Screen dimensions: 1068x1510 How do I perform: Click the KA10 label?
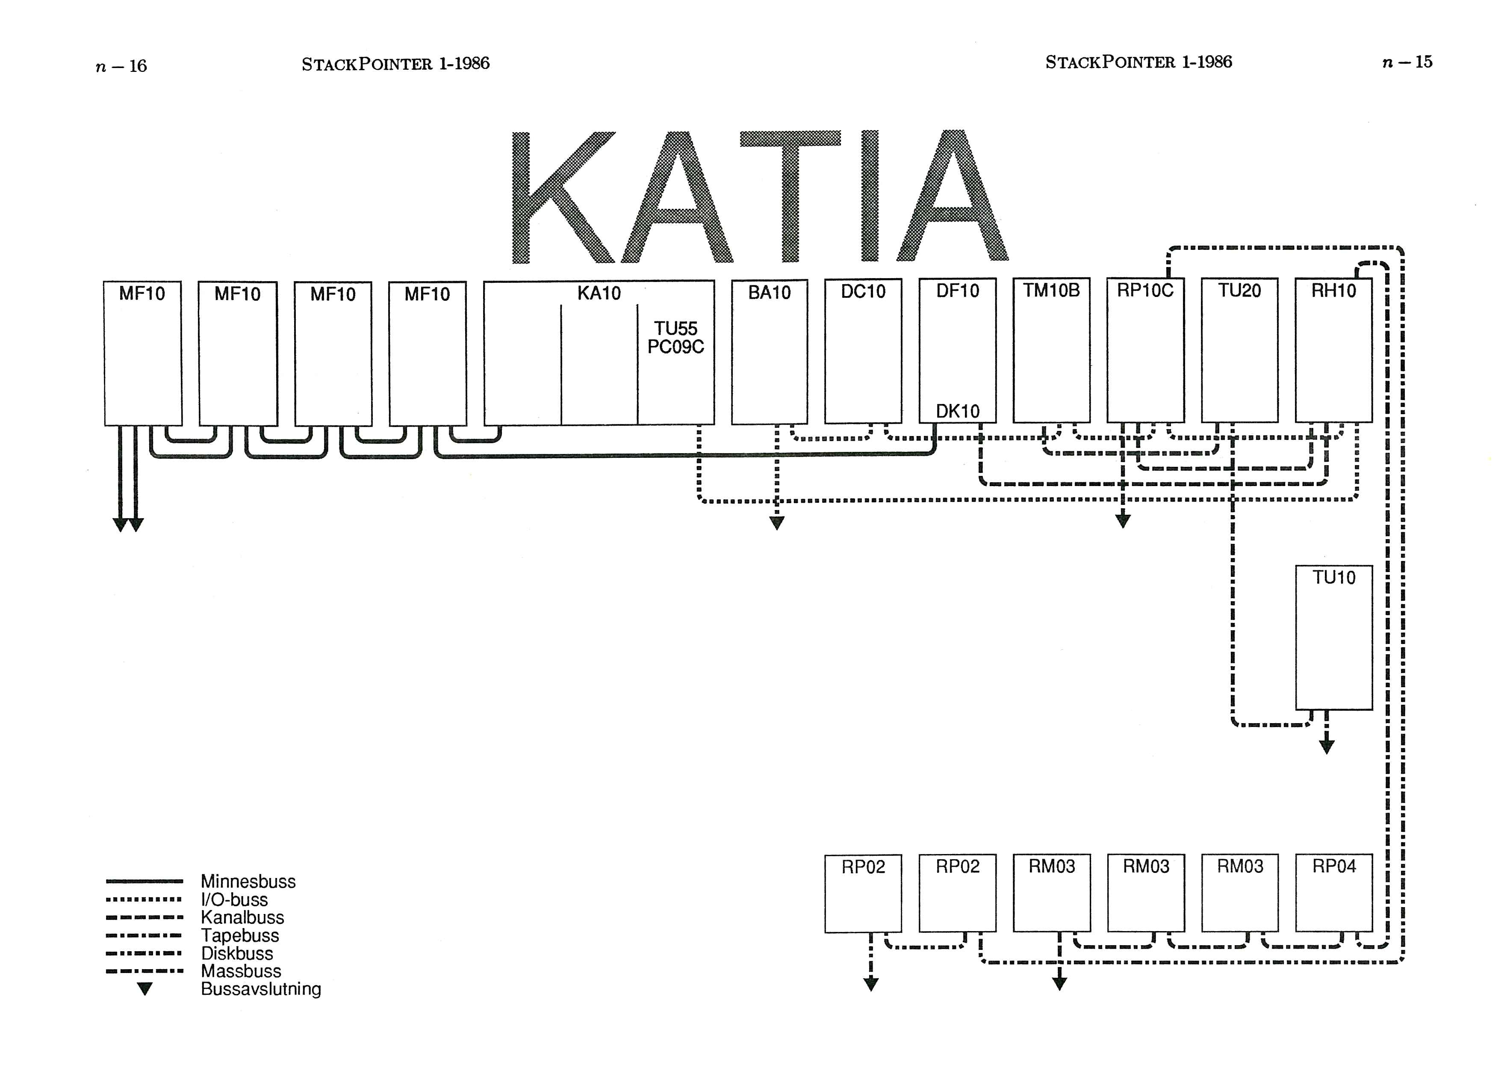pyautogui.click(x=599, y=294)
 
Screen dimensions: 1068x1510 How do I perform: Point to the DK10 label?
pyautogui.click(x=958, y=411)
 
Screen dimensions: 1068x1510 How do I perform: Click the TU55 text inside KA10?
pyautogui.click(x=675, y=328)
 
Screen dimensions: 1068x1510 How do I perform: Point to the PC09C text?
pyautogui.click(x=675, y=347)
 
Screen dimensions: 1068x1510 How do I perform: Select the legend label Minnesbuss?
pyautogui.click(x=248, y=881)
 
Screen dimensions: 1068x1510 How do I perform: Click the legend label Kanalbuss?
pyautogui.click(x=242, y=917)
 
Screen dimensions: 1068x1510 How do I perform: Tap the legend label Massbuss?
pyautogui.click(x=241, y=970)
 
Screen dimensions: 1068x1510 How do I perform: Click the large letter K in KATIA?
pyautogui.click(x=559, y=197)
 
